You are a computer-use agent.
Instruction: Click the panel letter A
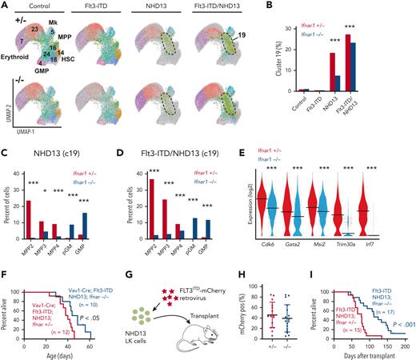point(6,6)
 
